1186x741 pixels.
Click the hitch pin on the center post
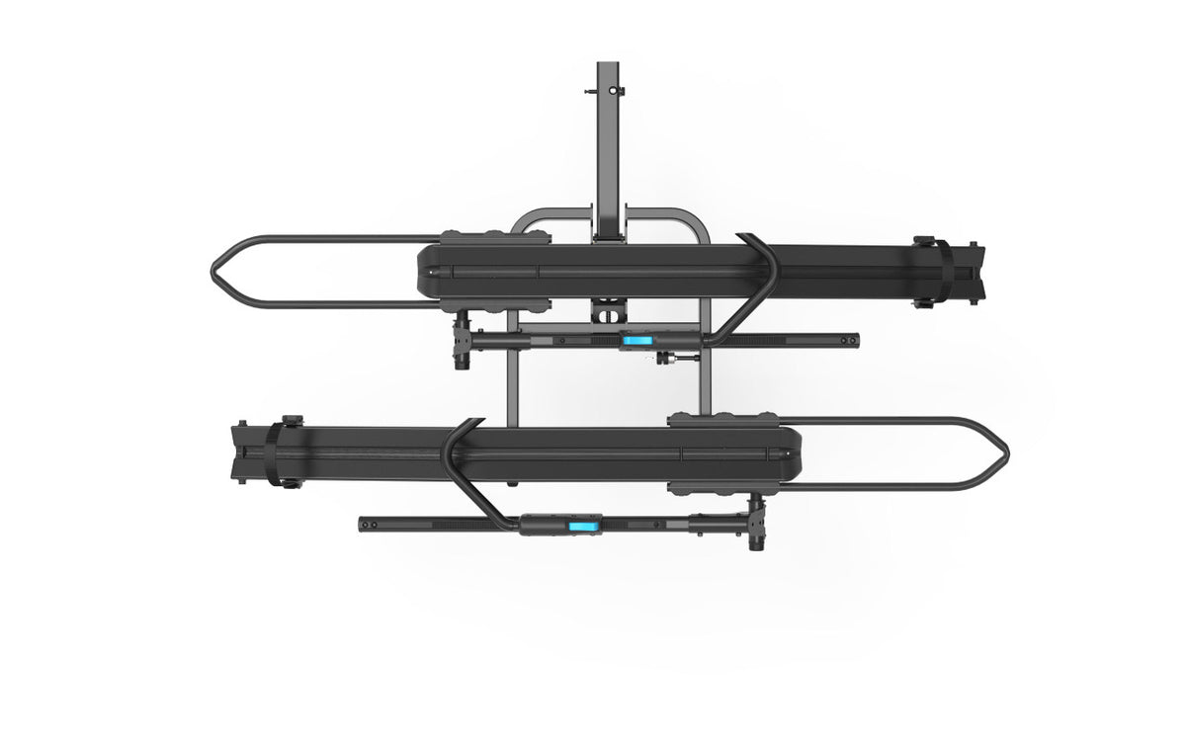(620, 91)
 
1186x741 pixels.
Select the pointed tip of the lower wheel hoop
(1006, 454)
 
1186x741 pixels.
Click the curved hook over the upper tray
(762, 277)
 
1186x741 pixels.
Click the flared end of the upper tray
(979, 272)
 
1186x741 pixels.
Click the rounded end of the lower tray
(791, 454)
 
